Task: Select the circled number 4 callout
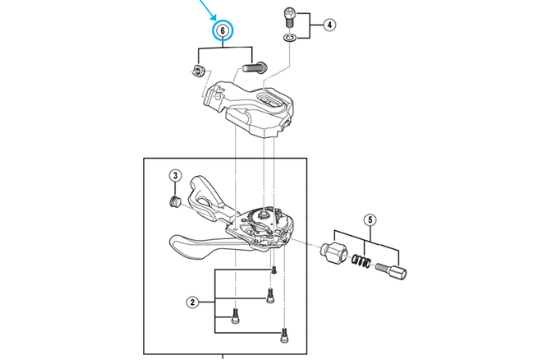[329, 25]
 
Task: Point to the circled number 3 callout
[175, 175]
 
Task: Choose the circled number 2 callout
[192, 302]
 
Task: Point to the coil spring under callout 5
[360, 262]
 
